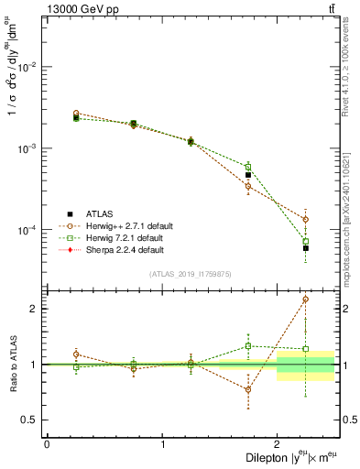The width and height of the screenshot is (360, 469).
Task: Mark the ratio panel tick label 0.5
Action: [x=33, y=420]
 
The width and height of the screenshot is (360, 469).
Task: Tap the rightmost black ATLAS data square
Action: [x=306, y=248]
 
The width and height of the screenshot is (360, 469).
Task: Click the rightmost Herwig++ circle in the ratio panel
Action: [x=306, y=300]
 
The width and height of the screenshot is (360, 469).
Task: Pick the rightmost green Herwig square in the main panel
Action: [x=306, y=242]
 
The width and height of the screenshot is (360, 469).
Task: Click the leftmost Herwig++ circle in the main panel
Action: [x=76, y=114]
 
